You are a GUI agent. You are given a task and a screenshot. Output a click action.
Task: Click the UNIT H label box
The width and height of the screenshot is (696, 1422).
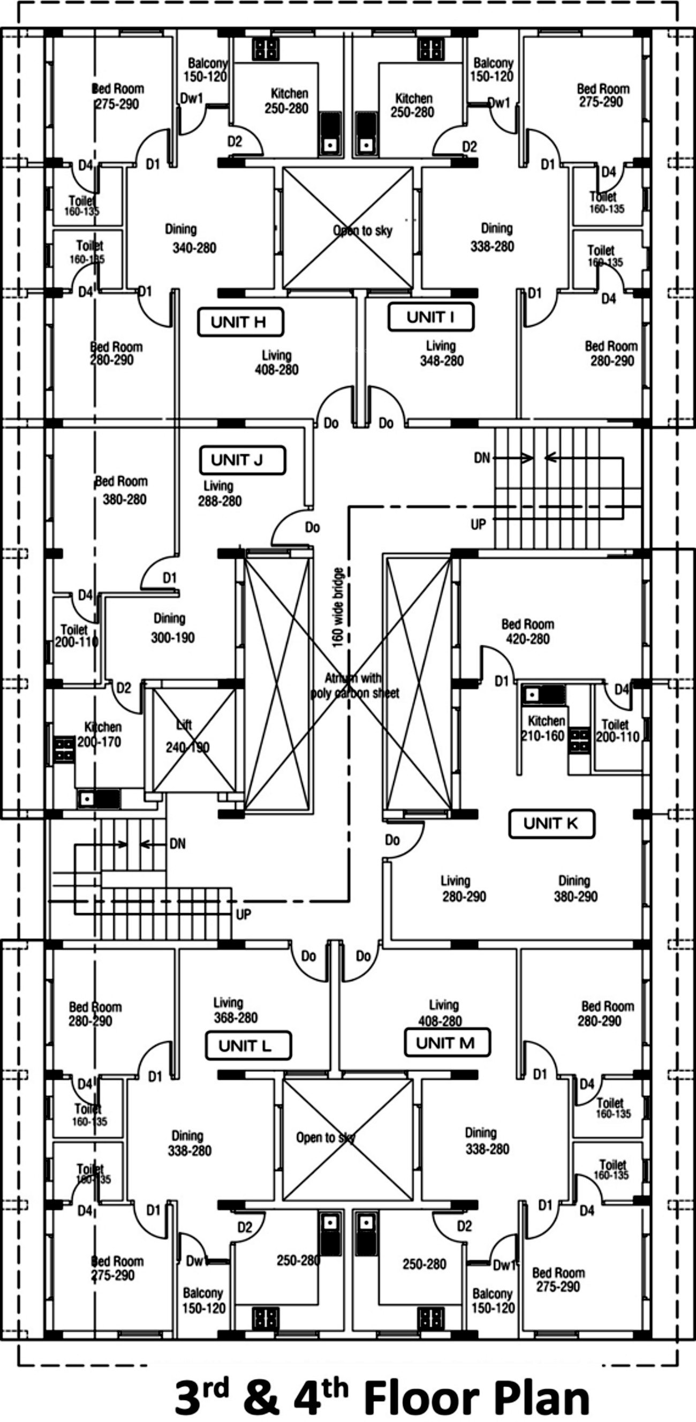coord(240,322)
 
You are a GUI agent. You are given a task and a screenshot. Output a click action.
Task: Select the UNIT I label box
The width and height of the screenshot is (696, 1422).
coord(430,318)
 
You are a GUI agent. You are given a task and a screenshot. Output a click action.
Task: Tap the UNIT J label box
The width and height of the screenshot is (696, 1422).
coord(243,461)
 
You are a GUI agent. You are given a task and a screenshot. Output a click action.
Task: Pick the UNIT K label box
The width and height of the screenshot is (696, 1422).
coord(551,824)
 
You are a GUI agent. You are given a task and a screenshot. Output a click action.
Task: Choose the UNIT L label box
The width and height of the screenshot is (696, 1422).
coord(248,1045)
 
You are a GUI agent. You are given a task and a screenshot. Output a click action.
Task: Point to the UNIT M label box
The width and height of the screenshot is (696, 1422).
coord(447,1043)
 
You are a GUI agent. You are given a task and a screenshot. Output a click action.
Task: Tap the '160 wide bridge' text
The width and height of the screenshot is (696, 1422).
coord(338,607)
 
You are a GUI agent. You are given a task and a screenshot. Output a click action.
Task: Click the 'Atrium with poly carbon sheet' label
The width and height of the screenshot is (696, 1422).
coord(354,685)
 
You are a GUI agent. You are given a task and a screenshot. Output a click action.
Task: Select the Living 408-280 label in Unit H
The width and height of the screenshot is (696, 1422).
coord(276,362)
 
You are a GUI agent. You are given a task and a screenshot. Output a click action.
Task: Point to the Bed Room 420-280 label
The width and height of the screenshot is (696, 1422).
coord(527,631)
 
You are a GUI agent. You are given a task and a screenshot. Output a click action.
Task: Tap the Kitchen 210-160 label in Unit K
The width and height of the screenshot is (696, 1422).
coord(544,728)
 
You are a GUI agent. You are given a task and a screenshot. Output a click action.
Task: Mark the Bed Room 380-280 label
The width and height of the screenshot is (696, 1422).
coord(123,490)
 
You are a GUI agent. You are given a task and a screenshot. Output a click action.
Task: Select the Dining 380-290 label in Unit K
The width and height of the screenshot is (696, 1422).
coord(574,888)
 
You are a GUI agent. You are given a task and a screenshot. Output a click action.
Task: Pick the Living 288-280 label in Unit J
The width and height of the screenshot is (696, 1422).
coord(219,493)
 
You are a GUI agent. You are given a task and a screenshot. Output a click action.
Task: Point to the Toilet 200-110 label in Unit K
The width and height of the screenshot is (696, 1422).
coord(617,731)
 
